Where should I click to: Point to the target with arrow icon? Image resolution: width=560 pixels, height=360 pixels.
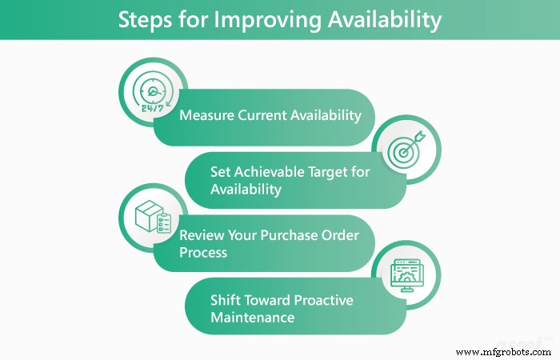click(405, 152)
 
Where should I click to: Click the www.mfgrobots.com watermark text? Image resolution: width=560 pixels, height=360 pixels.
click(501, 351)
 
